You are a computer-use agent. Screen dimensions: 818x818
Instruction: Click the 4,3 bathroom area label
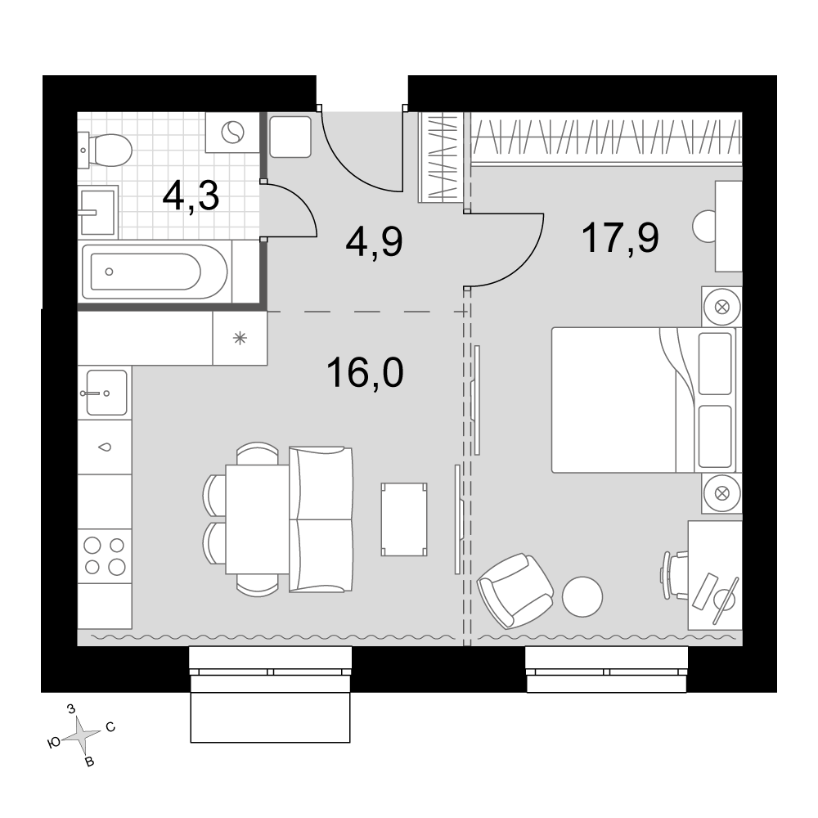tap(191, 196)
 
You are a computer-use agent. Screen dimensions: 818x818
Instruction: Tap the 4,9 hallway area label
tap(374, 242)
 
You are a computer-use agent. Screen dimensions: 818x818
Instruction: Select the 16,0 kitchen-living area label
tap(365, 373)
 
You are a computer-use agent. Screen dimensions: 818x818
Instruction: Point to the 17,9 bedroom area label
tap(620, 237)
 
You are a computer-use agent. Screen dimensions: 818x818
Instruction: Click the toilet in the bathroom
tap(105, 151)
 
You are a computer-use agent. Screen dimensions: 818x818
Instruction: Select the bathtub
tap(155, 272)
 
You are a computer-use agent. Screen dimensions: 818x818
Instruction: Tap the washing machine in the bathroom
tap(232, 133)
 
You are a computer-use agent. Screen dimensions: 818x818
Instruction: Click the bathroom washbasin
tap(97, 211)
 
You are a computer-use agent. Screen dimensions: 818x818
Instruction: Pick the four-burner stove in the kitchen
tap(105, 556)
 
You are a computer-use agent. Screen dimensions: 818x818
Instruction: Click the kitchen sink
tap(106, 393)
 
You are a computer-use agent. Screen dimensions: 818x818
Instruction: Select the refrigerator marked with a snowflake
tap(240, 339)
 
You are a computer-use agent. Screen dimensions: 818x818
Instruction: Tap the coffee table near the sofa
tap(404, 519)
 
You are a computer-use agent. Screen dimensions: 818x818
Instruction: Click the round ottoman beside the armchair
tap(582, 597)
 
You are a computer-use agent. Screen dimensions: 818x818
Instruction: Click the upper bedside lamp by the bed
tap(722, 307)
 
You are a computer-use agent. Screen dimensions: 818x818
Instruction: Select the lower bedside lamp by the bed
tap(722, 493)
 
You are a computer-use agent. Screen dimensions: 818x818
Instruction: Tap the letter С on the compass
tap(110, 727)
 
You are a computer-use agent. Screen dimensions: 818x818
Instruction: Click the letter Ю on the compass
tap(54, 744)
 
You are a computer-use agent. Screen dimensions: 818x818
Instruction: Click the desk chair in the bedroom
tap(675, 576)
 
